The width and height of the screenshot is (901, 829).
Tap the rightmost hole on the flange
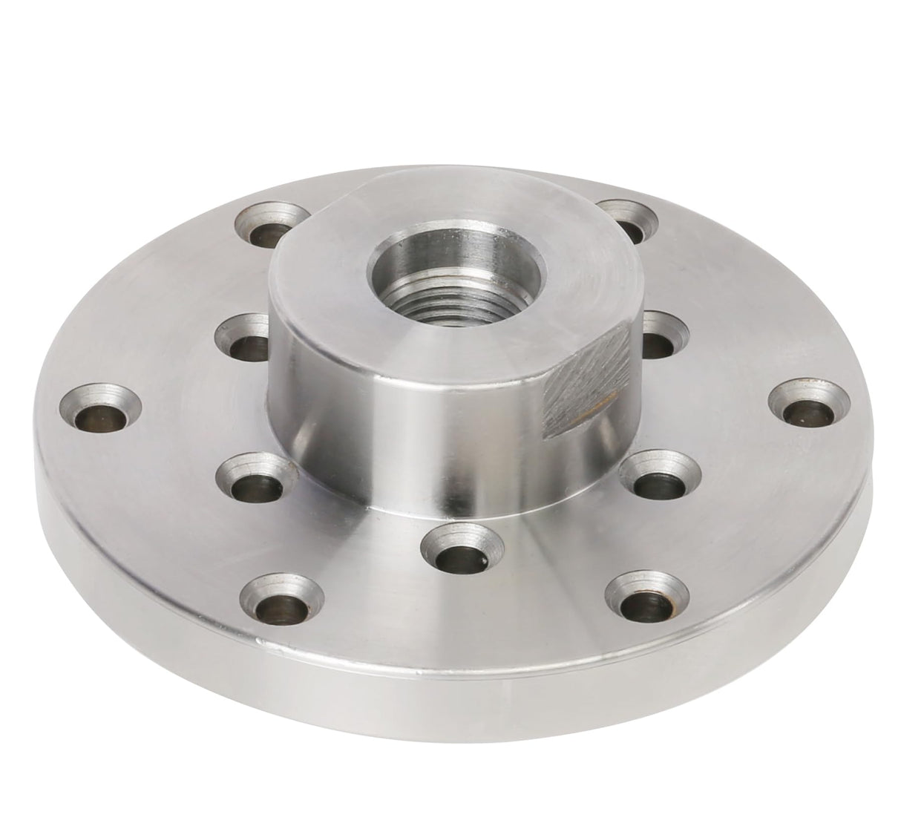pyautogui.click(x=808, y=406)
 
